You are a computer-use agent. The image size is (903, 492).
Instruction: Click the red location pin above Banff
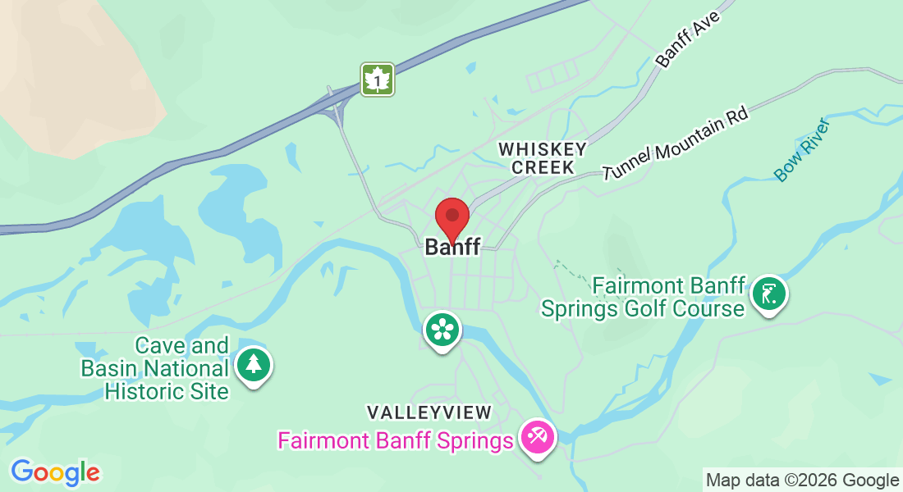[x=451, y=218]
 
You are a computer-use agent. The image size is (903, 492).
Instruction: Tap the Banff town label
[x=452, y=247]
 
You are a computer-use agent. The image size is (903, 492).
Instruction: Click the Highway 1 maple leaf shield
[x=378, y=80]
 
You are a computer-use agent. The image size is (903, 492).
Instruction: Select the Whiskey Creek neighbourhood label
[x=543, y=157]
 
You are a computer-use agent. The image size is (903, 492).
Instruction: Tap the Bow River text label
[x=802, y=149]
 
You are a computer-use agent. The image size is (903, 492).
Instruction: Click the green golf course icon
[x=769, y=293]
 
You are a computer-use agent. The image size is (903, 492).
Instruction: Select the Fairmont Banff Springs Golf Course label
[x=643, y=297]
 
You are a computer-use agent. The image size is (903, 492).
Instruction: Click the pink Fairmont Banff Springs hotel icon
[x=538, y=435]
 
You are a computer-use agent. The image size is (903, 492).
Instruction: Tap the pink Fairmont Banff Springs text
[x=396, y=441]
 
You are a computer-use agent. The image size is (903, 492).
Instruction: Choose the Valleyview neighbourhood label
[x=429, y=412]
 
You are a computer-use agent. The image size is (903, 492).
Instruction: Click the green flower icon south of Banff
[x=442, y=330]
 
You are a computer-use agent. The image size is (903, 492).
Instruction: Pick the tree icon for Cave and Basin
[x=254, y=365]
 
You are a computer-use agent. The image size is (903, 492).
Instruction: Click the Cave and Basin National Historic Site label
[x=154, y=369]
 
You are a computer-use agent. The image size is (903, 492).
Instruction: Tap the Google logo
[x=55, y=472]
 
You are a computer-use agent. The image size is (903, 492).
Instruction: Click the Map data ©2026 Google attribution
[x=802, y=480]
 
